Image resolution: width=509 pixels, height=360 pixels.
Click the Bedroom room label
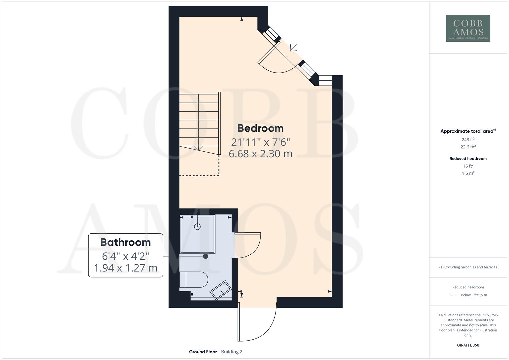click(260, 128)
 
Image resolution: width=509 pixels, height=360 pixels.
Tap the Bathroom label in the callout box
click(125, 242)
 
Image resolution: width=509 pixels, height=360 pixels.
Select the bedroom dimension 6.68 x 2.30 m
click(260, 154)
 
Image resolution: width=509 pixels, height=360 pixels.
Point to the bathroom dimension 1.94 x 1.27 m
click(125, 268)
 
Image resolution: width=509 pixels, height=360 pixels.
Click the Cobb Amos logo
click(468, 28)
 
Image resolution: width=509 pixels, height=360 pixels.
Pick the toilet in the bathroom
click(193, 279)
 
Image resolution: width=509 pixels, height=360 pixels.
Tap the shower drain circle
click(197, 227)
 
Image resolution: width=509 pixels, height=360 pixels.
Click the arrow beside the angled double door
click(293, 48)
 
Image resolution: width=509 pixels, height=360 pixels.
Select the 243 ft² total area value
click(468, 140)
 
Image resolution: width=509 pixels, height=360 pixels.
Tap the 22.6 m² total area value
click(468, 147)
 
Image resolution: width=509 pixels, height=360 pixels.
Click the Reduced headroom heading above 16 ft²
click(468, 159)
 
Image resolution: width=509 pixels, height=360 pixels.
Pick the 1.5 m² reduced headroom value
click(468, 173)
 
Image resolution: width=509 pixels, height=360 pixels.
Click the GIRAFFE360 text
click(468, 345)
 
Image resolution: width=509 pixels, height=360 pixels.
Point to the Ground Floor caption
click(203, 352)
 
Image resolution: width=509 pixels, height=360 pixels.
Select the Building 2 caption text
click(232, 352)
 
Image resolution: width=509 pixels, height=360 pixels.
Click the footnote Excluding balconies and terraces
click(468, 267)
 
